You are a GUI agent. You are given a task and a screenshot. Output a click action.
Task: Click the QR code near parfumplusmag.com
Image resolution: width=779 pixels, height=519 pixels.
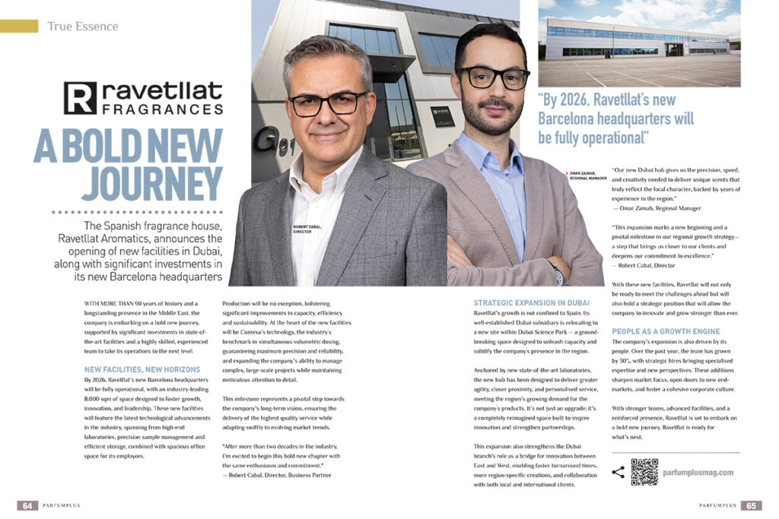(644, 472)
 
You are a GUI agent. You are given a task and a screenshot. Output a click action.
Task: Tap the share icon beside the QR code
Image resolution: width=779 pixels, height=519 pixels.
(618, 472)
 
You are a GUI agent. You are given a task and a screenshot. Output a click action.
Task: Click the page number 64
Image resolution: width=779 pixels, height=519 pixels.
(27, 505)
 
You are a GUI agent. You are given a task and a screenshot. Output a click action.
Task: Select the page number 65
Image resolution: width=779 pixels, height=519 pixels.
(750, 505)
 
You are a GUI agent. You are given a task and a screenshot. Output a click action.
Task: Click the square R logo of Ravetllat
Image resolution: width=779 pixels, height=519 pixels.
(80, 98)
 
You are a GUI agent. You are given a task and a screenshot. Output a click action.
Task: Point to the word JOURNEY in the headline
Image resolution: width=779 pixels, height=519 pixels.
(152, 183)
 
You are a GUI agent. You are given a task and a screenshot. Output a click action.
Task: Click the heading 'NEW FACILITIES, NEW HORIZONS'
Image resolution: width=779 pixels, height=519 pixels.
(142, 369)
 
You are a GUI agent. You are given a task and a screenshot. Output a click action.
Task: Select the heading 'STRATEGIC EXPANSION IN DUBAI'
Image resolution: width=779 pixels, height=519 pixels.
(530, 302)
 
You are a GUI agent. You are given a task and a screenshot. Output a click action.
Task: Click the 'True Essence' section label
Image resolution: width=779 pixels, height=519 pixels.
(83, 27)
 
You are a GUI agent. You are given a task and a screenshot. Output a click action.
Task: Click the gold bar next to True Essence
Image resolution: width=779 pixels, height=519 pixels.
(19, 27)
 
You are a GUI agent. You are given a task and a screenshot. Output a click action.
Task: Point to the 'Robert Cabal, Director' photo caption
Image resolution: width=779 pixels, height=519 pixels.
(308, 229)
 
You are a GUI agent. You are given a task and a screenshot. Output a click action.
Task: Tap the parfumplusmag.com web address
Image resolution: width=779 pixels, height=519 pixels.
(698, 473)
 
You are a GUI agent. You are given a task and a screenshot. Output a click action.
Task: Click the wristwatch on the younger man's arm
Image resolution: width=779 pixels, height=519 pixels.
(558, 274)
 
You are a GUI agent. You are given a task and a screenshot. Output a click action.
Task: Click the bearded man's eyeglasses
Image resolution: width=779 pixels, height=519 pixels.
(492, 77)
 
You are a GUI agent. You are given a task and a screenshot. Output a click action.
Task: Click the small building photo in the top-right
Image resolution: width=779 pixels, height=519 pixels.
(639, 43)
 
